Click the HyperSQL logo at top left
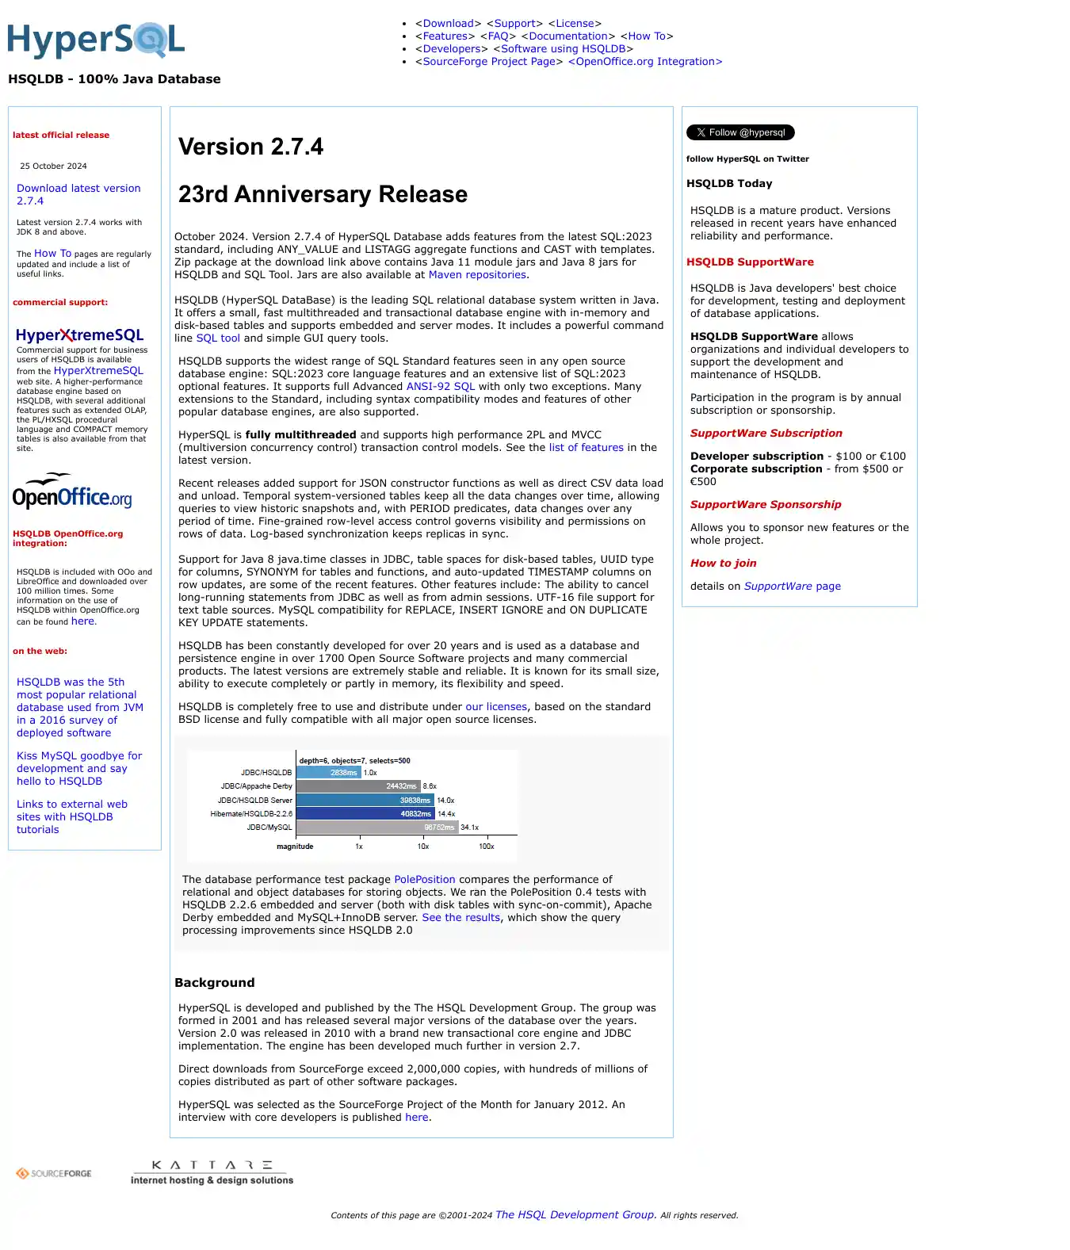96,40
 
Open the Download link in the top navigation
448,24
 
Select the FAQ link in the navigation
498,36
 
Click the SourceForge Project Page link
488,62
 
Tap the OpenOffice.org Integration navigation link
645,62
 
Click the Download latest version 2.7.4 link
78,194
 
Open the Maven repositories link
477,275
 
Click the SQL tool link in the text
218,338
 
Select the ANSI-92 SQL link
440,387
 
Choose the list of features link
586,448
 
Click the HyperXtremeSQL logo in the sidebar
79,335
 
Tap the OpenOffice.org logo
72,491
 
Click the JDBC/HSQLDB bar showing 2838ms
329,773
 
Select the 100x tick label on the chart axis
487,847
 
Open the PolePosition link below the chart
424,880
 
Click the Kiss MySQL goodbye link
79,769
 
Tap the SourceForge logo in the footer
54,1174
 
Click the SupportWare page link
792,587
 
